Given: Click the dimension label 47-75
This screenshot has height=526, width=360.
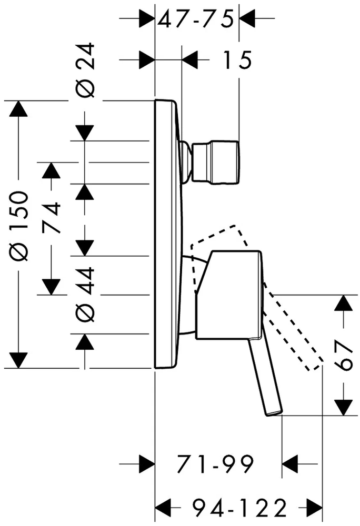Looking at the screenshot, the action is click(195, 19).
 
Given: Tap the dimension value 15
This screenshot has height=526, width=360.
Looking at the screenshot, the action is click(237, 60).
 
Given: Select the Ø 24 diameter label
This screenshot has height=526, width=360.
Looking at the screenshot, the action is click(86, 70).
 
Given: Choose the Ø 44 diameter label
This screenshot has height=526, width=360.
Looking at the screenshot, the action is click(86, 294).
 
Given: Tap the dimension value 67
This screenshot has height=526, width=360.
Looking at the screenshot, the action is click(344, 355).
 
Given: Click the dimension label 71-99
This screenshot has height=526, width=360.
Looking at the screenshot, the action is click(216, 464).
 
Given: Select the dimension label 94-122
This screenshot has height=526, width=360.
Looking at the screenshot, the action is click(240, 508).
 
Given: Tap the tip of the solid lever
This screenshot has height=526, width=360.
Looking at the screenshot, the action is click(275, 413).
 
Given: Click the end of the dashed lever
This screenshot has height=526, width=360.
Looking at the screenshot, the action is click(315, 366).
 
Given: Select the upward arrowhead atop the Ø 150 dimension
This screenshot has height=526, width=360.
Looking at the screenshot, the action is click(18, 108).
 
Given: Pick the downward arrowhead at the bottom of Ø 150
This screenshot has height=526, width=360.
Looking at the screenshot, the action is click(18, 360).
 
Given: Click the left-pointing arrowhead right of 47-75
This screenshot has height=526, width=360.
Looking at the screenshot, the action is click(247, 18).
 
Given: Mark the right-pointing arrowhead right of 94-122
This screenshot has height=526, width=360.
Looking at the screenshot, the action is click(314, 508).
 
